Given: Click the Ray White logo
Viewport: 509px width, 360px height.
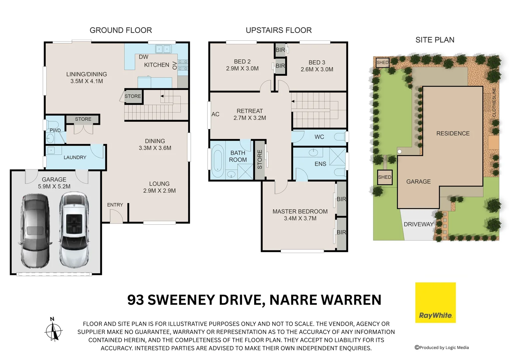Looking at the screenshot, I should pos(435,302).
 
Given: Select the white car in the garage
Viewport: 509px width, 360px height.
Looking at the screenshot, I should pos(74,230).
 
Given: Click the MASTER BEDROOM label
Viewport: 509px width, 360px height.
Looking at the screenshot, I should pos(300,212).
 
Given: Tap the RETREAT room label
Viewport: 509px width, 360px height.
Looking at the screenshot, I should pos(250,111).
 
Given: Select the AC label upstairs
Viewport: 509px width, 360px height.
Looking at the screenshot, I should pos(215,114).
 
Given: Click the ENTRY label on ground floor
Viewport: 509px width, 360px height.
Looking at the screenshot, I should pos(115,205).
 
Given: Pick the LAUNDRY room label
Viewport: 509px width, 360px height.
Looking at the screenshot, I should pos(75,157).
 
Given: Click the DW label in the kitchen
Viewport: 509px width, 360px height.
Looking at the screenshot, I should pos(144,57).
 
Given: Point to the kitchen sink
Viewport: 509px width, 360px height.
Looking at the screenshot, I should pos(163,49).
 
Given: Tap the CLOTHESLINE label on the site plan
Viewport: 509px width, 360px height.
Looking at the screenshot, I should pos(494,102).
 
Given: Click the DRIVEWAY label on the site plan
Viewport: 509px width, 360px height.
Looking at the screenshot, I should pos(418,224).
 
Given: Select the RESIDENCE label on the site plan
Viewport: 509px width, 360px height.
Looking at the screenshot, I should pos(453,133).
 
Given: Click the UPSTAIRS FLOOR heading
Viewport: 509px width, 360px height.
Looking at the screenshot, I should pos(278,30).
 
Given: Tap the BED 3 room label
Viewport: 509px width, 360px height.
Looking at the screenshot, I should pos(317,62).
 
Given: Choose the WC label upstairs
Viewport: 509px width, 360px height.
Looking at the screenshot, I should pos(319,137).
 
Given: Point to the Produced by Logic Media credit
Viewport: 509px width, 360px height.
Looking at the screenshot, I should pos(442,347).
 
